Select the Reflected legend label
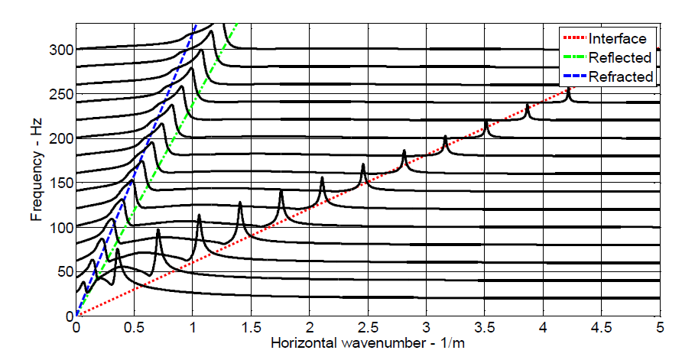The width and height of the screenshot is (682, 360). click(x=620, y=57)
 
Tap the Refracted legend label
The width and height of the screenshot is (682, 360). click(x=621, y=76)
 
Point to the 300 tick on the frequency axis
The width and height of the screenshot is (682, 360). click(x=62, y=50)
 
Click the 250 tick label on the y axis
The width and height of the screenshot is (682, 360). click(x=62, y=94)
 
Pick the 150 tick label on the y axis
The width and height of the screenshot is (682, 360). click(x=62, y=183)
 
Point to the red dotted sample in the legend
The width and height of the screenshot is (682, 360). click(x=574, y=38)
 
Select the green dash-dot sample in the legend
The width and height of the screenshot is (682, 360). click(x=574, y=57)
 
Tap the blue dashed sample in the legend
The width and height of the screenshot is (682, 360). click(x=574, y=76)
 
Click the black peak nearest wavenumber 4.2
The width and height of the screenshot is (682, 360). click(x=567, y=90)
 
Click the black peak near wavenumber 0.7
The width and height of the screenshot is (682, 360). click(x=158, y=231)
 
